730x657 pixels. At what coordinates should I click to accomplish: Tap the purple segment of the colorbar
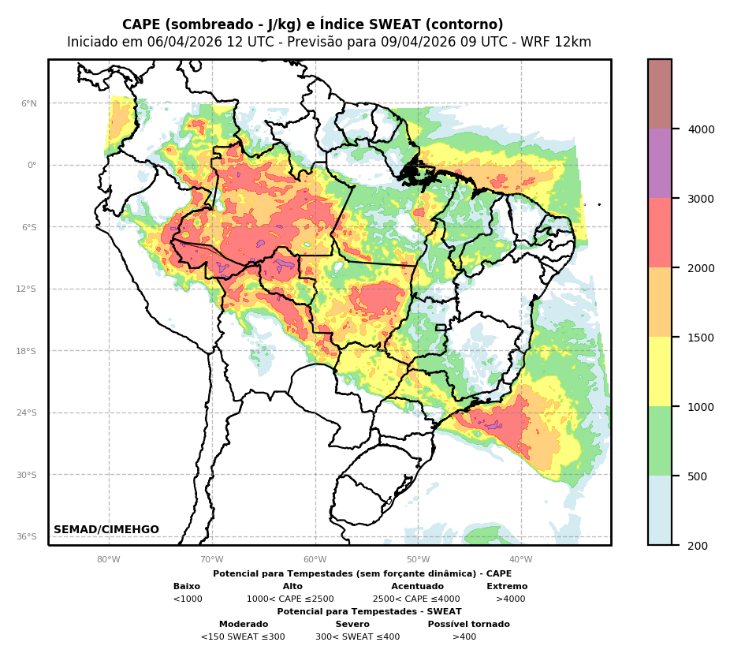pyautogui.click(x=660, y=163)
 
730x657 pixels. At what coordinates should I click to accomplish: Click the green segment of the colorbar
pyautogui.click(x=660, y=441)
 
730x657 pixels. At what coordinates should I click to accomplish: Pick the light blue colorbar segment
pyautogui.click(x=660, y=510)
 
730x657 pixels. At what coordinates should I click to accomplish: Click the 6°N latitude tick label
pyautogui.click(x=29, y=103)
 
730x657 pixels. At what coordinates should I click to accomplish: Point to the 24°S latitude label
pyautogui.click(x=28, y=412)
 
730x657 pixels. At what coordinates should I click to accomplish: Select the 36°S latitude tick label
pyautogui.click(x=28, y=536)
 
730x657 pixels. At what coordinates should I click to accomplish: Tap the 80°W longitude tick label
pyautogui.click(x=109, y=560)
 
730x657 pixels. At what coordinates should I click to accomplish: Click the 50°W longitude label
pyautogui.click(x=418, y=560)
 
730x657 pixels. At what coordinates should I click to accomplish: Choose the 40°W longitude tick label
pyautogui.click(x=520, y=560)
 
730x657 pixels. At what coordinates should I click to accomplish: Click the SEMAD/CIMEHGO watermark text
pyautogui.click(x=106, y=530)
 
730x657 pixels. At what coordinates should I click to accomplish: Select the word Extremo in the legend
pyautogui.click(x=507, y=587)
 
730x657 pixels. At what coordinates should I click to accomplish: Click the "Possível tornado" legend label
pyautogui.click(x=468, y=625)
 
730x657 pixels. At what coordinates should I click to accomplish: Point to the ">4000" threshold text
pyautogui.click(x=510, y=599)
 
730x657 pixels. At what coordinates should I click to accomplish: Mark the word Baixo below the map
pyautogui.click(x=187, y=587)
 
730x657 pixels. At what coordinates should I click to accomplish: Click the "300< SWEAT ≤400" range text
pyautogui.click(x=357, y=637)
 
